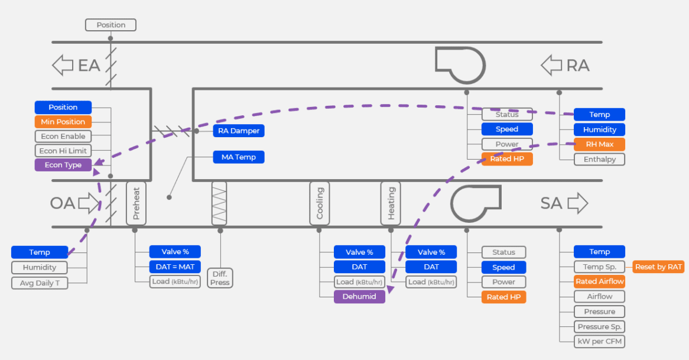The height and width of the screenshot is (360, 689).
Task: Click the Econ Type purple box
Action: click(x=63, y=165)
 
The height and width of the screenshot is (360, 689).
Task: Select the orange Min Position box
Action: click(x=63, y=122)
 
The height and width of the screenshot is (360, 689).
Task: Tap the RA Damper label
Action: click(x=239, y=131)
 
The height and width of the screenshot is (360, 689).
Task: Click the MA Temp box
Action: click(x=239, y=157)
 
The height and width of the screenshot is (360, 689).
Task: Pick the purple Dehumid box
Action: click(x=359, y=297)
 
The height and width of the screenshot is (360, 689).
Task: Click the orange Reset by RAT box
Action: click(x=658, y=267)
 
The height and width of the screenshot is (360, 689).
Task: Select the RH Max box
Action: click(x=599, y=144)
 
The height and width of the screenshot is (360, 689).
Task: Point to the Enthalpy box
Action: click(x=599, y=159)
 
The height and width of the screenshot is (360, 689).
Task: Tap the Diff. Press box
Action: click(x=220, y=278)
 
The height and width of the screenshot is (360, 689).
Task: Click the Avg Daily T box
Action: click(x=40, y=283)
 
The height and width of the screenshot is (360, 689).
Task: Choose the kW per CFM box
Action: click(x=599, y=341)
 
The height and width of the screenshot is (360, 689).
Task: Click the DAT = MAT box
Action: click(x=175, y=267)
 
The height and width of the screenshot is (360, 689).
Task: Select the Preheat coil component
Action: click(x=136, y=203)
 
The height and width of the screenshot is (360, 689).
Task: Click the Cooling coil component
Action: click(x=320, y=203)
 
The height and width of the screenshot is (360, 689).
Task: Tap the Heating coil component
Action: click(x=391, y=203)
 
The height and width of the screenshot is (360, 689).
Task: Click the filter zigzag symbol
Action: click(x=219, y=203)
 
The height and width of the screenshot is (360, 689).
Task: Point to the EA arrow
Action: click(x=63, y=65)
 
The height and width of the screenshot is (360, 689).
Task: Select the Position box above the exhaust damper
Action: click(x=110, y=25)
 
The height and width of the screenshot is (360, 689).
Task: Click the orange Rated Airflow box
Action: click(x=599, y=281)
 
